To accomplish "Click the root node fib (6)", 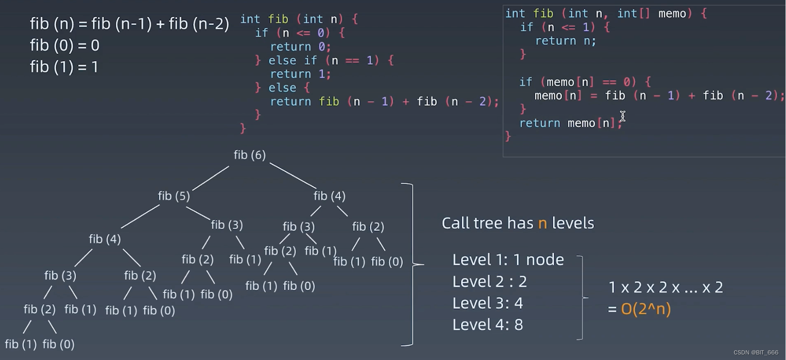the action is click(249, 155).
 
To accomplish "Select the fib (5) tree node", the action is click(174, 196).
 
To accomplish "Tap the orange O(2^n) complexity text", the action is click(646, 309).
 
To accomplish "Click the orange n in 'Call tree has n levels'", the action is click(543, 223).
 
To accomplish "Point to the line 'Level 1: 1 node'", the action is click(508, 260).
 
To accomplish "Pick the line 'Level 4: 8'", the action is click(488, 324).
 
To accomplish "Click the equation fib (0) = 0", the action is click(65, 46).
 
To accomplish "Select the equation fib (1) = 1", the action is click(64, 67).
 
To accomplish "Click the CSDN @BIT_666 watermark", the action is click(756, 352).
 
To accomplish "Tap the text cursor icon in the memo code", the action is click(623, 116).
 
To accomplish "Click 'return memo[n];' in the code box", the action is click(570, 123).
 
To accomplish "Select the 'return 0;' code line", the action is click(300, 47).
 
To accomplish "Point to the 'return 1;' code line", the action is click(300, 74).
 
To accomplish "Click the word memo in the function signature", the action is click(672, 14).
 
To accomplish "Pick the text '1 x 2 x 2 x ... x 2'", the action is click(665, 288).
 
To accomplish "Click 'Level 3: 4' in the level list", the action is click(488, 303).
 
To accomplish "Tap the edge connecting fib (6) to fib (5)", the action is click(211, 179).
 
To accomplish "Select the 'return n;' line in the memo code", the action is click(566, 41).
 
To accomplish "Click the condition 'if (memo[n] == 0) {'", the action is click(585, 82).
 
